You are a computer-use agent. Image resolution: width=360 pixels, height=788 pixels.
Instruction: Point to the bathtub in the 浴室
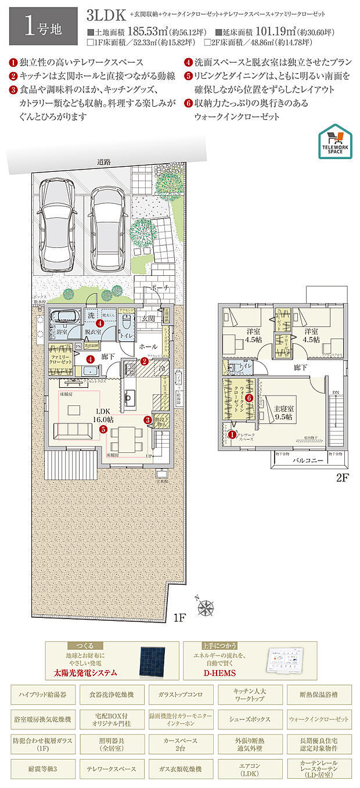(63, 318)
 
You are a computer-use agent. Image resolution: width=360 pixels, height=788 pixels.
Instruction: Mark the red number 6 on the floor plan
(248, 398)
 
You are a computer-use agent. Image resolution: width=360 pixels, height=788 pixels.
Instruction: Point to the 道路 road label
(105, 163)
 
